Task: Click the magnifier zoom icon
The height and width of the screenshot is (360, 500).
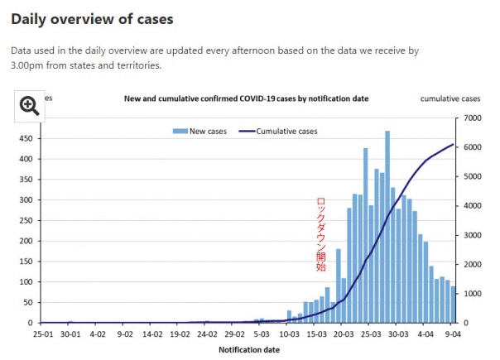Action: (30, 105)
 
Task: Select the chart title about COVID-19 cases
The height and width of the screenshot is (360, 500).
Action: (246, 98)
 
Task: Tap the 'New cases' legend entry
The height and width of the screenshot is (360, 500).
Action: (200, 131)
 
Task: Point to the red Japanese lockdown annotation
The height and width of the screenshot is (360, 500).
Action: (321, 234)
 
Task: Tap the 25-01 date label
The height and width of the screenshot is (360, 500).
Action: (44, 334)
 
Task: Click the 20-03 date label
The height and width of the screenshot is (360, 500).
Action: (344, 334)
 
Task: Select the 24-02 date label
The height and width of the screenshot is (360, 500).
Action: (207, 334)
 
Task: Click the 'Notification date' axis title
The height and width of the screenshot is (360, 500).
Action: (248, 350)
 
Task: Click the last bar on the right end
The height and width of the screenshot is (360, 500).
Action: (454, 305)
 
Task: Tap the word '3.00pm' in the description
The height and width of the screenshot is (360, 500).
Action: (28, 65)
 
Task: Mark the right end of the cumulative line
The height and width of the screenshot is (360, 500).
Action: (454, 145)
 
